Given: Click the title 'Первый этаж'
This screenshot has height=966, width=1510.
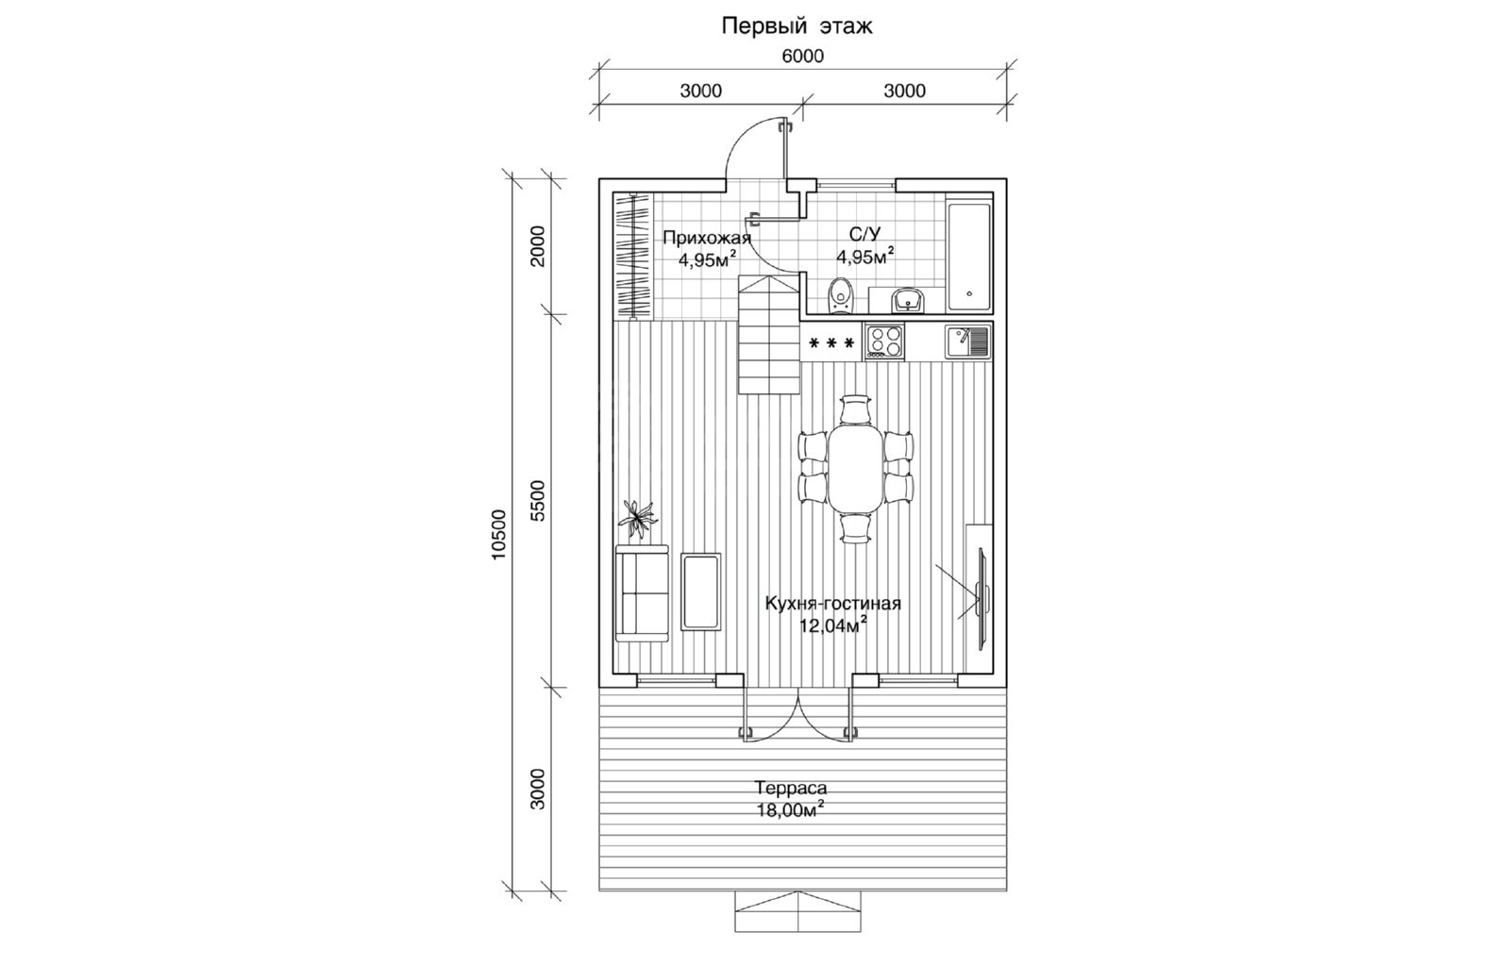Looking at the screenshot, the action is pos(797,26).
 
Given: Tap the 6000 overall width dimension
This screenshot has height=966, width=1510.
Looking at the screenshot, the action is pos(802,56).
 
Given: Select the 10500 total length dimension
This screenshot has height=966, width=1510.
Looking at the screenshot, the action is pos(498,535).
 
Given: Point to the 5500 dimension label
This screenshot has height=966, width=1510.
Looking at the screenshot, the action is pos(538,501).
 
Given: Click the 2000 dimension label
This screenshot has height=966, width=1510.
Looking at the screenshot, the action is pos(538,246).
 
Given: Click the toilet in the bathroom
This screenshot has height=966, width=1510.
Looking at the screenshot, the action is pos(840,295).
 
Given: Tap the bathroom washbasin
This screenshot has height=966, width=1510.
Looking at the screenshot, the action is pos(909,300).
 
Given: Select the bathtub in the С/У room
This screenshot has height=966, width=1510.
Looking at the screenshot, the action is pos(969,256).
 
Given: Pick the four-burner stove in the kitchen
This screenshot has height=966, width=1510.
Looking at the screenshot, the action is pos(884,341).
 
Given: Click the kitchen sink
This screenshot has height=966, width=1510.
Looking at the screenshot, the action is pos(967,341).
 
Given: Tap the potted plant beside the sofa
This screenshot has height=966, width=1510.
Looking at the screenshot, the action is pos(165,520).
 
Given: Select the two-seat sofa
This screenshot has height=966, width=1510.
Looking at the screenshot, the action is pos(170,593).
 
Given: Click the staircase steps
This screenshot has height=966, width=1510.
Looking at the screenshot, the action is pos(769,334).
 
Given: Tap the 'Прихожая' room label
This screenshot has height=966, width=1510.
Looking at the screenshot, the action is pos(707,238).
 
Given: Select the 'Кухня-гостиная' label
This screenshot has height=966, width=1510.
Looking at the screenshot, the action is pos(832,603).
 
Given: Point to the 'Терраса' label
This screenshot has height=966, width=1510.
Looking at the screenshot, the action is pos(791,788).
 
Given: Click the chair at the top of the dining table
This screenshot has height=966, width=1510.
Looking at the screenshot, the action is pos(855,408).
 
